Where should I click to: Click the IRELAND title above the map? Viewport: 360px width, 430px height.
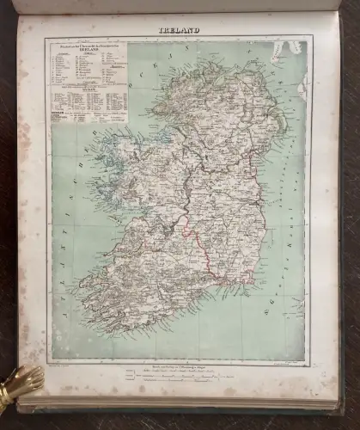point(179,30)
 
